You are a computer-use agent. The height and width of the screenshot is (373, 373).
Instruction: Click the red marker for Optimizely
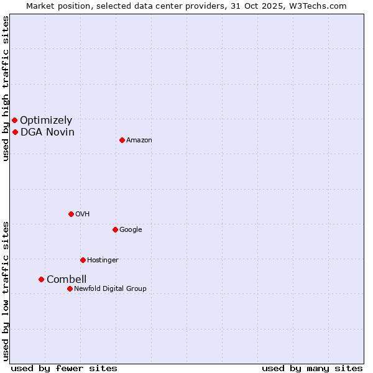[x=14, y=120]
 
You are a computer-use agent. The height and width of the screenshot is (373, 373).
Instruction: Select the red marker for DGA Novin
[x=15, y=132]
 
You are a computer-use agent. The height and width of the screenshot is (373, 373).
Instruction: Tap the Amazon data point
[x=122, y=140]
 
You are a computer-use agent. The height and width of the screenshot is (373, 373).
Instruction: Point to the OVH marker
[x=71, y=214]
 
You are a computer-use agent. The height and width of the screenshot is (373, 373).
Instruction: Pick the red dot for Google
[x=115, y=229]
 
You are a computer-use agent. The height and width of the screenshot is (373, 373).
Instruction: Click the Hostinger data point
[x=83, y=260]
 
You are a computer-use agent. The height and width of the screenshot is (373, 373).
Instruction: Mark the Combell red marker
[x=41, y=279]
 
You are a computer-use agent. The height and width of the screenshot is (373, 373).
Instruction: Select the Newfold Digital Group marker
[x=70, y=288]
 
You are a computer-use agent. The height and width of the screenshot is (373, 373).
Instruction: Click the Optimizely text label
[x=46, y=121]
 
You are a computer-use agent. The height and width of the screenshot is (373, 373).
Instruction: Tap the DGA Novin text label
[x=47, y=132]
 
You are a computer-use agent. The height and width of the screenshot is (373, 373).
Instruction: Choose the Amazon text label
[x=139, y=140]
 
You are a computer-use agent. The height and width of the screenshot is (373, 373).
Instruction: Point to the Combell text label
[x=67, y=279]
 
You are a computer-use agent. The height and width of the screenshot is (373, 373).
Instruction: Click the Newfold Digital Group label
[x=110, y=288]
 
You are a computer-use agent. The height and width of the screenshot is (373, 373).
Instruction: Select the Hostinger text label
[x=103, y=260]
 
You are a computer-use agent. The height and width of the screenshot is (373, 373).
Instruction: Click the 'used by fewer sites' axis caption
[x=64, y=368]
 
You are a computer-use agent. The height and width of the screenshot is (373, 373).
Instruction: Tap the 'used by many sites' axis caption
[x=312, y=368]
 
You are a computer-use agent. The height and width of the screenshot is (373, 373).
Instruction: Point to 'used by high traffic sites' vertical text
[x=6, y=88]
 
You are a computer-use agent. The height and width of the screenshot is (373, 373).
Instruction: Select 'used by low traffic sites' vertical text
[x=6, y=291]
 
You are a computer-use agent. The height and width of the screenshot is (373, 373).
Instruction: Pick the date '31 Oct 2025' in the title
[x=259, y=6]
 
